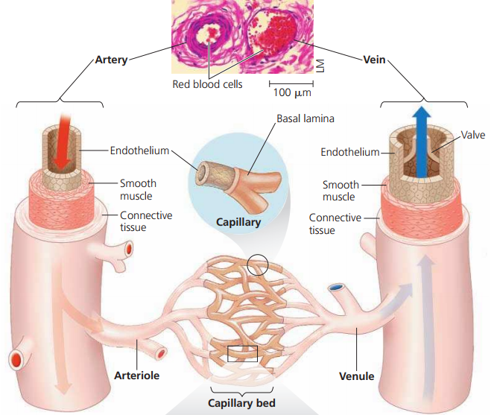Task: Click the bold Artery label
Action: coord(111,60)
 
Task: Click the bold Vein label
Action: coord(373,60)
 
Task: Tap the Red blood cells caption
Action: coord(207,85)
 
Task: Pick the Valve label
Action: coord(472,135)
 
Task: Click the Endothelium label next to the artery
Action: coord(139,150)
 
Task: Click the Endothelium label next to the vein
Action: coord(349,152)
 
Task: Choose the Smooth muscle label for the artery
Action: coord(139,189)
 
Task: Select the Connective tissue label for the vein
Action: coord(335,224)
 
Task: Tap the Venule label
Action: coord(356,376)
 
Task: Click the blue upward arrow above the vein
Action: coord(422,134)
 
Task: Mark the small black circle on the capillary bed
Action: coord(258,263)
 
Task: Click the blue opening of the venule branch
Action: coord(337,286)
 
